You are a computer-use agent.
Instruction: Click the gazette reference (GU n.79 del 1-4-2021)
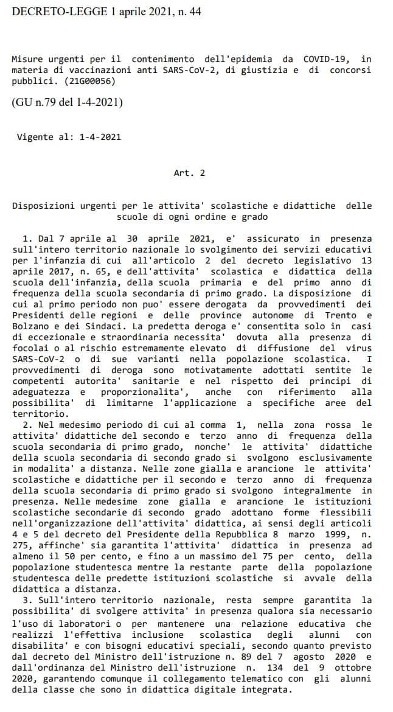[67, 102]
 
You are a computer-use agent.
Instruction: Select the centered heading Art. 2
[189, 173]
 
